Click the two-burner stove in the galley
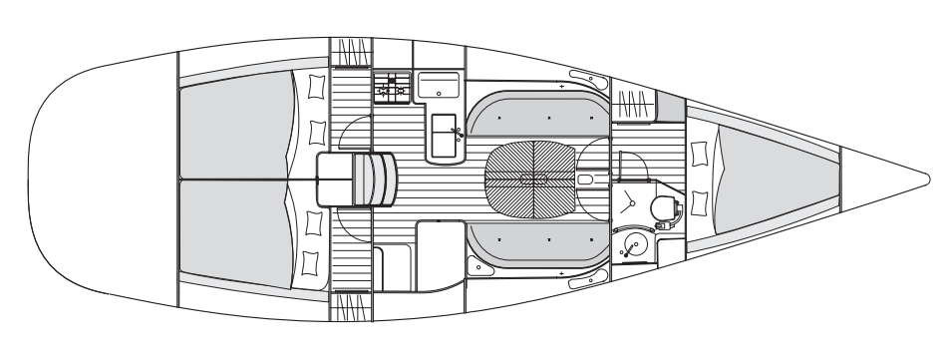[x=390, y=87]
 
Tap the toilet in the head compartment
[x=662, y=207]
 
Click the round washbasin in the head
[x=632, y=243]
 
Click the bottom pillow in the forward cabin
[x=700, y=203]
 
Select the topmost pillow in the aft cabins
[x=316, y=87]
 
